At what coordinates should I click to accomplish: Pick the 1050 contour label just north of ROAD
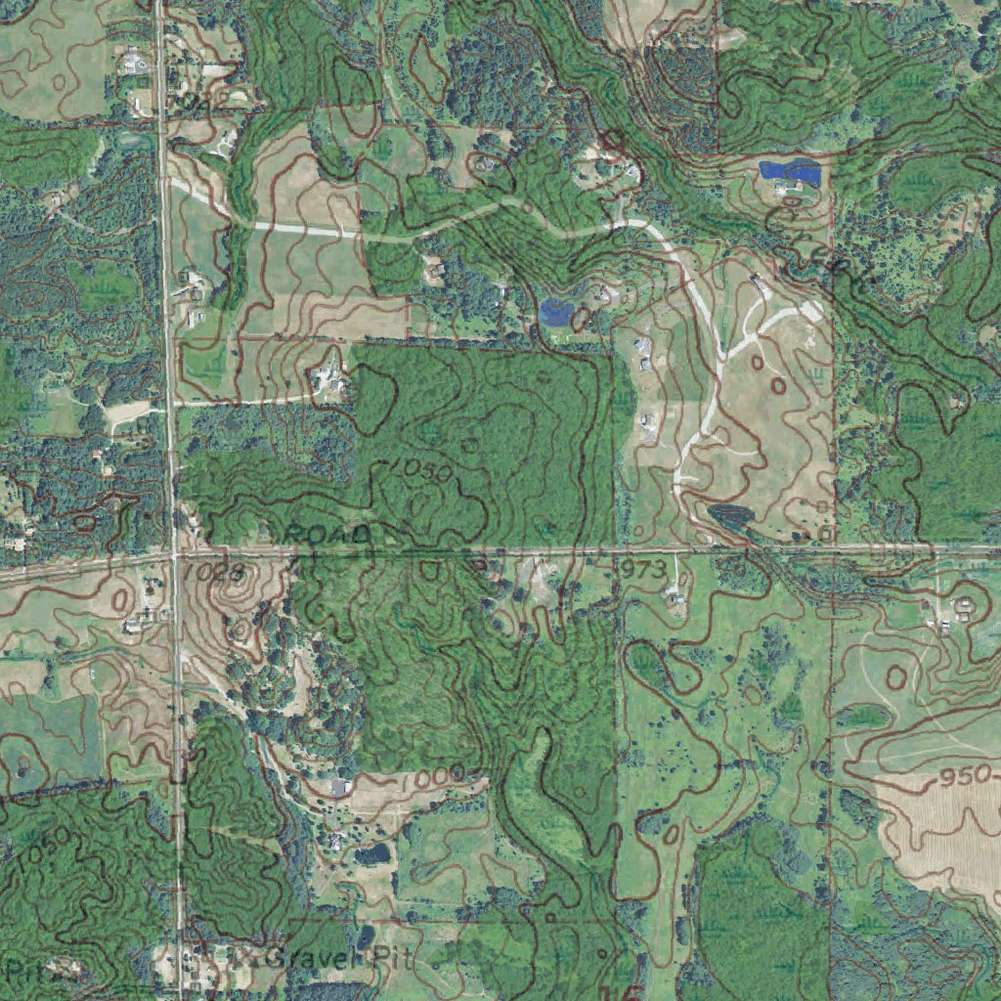click(x=420, y=472)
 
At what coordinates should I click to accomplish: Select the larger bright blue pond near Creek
click(x=788, y=172)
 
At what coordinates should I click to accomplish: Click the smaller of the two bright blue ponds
click(x=555, y=313)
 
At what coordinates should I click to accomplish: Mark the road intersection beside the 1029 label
click(x=173, y=556)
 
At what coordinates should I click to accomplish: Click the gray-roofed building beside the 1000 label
click(x=340, y=786)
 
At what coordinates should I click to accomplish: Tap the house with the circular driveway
click(x=134, y=64)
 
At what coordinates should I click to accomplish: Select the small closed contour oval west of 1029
click(x=121, y=597)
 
